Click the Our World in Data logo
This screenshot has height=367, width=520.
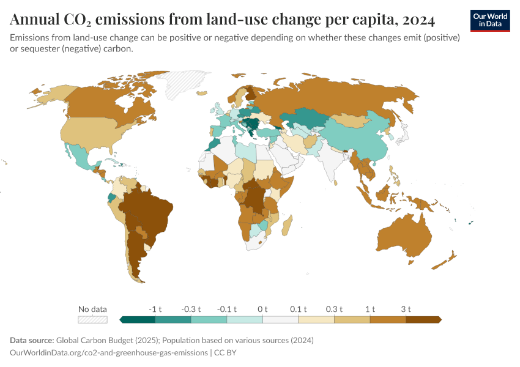point(490,20)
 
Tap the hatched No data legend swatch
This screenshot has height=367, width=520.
point(92,319)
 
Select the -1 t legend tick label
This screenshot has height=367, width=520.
point(155,309)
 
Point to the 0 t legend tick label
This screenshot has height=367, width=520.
point(262,309)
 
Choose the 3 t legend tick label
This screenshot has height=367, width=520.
point(406,309)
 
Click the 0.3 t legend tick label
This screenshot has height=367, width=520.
point(334,309)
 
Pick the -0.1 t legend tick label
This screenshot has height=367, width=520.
point(226,309)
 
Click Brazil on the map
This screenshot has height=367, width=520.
point(150,211)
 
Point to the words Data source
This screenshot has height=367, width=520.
point(31,340)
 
